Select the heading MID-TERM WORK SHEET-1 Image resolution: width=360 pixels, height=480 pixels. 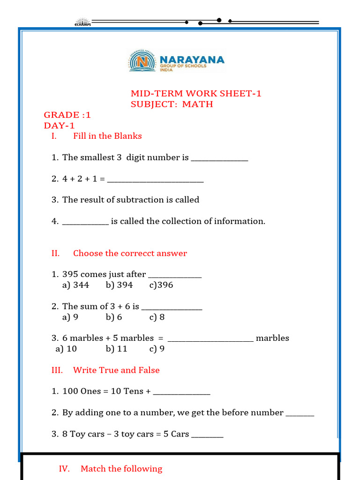pos(196,93)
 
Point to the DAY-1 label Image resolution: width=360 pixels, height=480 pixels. pos(59,126)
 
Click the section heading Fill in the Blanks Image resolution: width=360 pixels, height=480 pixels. pos(107,136)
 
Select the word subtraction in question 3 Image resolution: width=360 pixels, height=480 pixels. pos(141,200)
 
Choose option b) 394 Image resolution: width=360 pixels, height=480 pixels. pos(119,285)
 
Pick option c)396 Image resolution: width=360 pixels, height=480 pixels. pos(161,285)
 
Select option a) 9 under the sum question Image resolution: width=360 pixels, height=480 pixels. pos(70,317)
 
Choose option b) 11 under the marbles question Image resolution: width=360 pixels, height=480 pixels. pos(116,349)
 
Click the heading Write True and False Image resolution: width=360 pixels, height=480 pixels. pos(116,370)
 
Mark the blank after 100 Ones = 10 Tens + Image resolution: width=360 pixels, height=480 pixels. pos(181,392)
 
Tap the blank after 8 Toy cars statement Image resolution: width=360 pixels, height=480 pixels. pos(207,435)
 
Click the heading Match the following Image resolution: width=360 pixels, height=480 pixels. pos(121,469)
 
